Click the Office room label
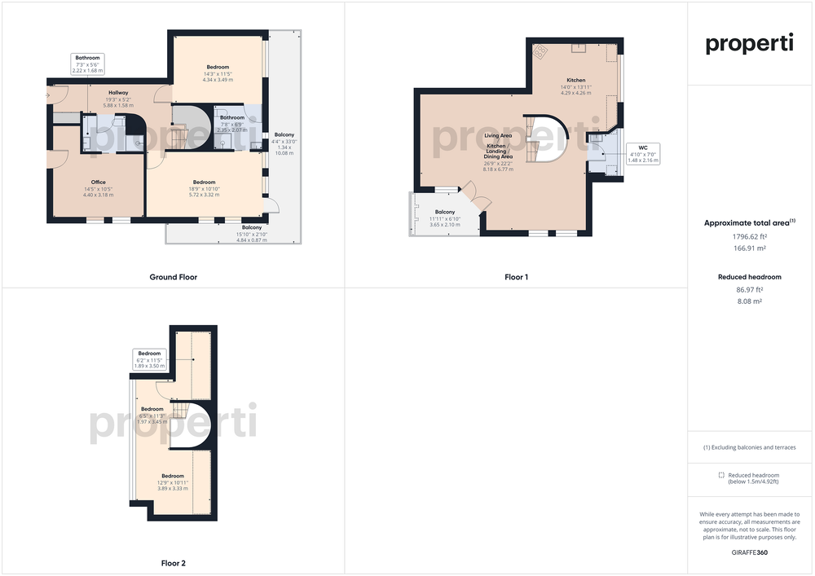pyautogui.click(x=99, y=182)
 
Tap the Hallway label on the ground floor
pyautogui.click(x=118, y=93)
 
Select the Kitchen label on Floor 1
pyautogui.click(x=576, y=81)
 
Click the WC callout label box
pyautogui.click(x=643, y=154)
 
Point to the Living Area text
pyautogui.click(x=498, y=135)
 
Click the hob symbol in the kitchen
pyautogui.click(x=540, y=51)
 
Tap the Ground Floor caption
pyautogui.click(x=174, y=277)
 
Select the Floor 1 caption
pyautogui.click(x=516, y=277)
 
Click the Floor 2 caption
pyautogui.click(x=174, y=564)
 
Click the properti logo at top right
pyautogui.click(x=750, y=44)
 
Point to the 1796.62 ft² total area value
pyautogui.click(x=750, y=237)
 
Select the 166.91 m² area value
pyautogui.click(x=750, y=248)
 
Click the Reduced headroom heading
pyautogui.click(x=750, y=277)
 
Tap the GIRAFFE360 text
pyautogui.click(x=750, y=552)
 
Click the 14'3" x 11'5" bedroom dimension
pyautogui.click(x=218, y=74)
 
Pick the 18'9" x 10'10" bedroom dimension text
pyautogui.click(x=205, y=189)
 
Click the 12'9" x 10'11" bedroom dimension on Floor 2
pyautogui.click(x=173, y=482)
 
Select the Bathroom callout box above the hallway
pyautogui.click(x=87, y=64)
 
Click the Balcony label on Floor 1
pyautogui.click(x=445, y=212)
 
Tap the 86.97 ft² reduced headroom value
pyautogui.click(x=750, y=290)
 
